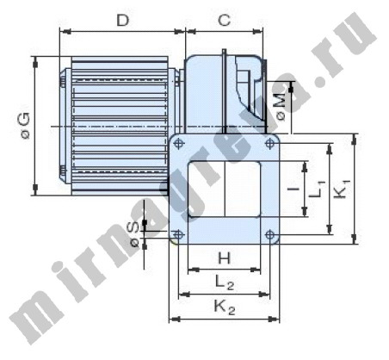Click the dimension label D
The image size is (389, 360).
123,20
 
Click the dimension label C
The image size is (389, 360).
225,20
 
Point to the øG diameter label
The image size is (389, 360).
26,126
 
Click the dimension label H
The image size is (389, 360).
225,258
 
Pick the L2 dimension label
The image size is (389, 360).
225,282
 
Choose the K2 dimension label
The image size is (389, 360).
225,307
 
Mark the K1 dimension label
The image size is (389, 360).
343,189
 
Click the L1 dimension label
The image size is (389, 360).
318,189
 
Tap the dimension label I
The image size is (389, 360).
293,189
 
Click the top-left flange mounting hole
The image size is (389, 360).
178,143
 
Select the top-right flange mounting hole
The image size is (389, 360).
269,143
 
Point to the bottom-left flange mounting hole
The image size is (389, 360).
178,234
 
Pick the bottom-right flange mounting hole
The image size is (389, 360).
269,234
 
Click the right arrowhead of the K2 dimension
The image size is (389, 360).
274,319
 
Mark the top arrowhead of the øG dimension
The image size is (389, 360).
35,62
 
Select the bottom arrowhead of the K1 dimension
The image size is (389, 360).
355,239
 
